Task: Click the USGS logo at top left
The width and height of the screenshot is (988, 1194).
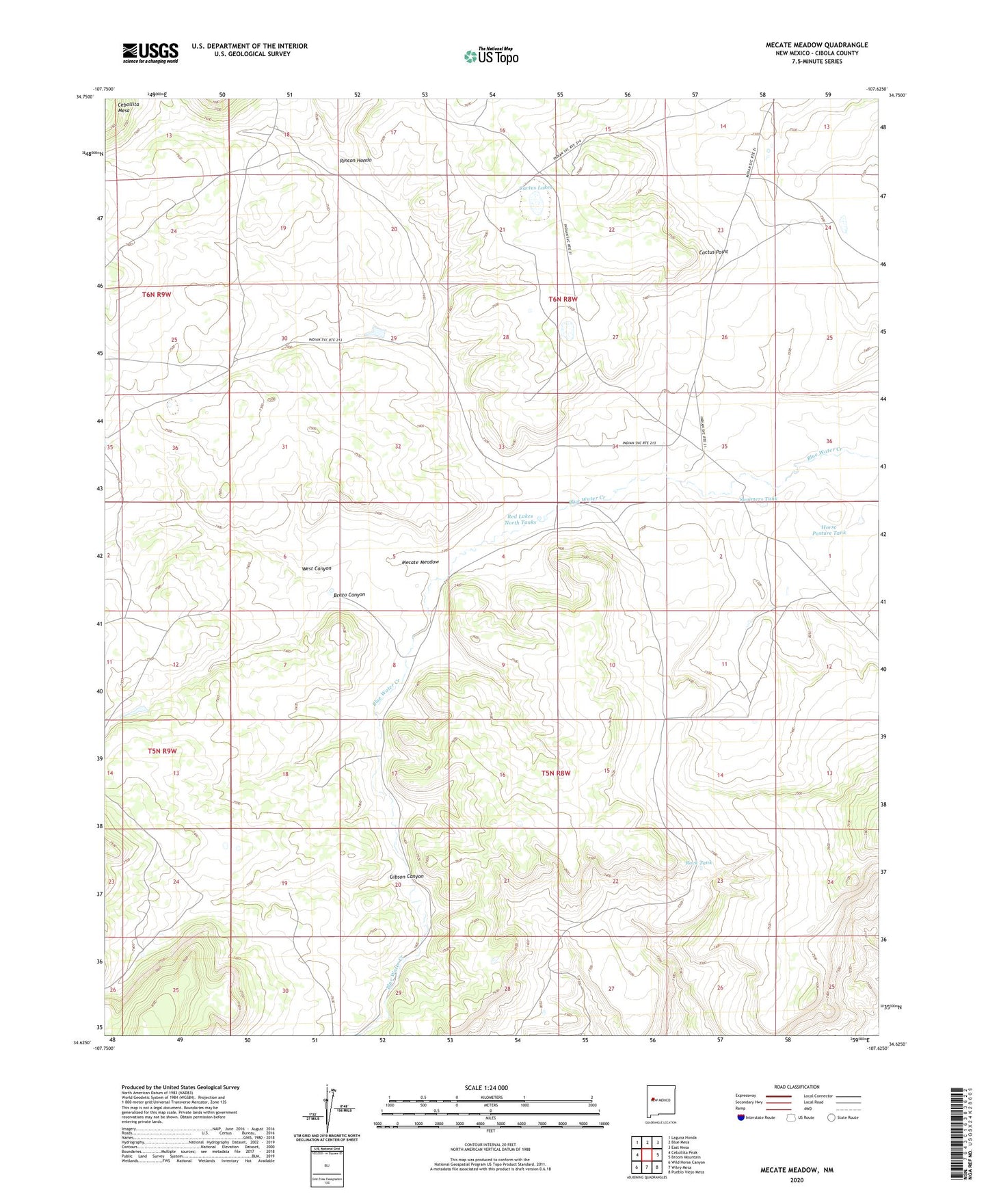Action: [x=150, y=53]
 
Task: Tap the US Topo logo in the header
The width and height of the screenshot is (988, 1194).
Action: [x=491, y=56]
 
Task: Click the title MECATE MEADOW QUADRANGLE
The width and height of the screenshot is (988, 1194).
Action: [x=816, y=45]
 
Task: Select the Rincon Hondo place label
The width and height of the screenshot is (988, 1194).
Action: [x=356, y=160]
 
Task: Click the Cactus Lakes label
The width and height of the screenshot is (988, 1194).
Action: [x=535, y=187]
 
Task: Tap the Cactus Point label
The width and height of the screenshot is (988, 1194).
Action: [x=713, y=252]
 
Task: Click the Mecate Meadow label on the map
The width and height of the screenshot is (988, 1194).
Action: [x=420, y=562]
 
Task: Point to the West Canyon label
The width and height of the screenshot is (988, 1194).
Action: [x=317, y=568]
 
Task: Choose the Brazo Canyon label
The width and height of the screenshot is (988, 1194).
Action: [x=349, y=595]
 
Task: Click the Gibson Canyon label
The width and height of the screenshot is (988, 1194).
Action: [x=406, y=876]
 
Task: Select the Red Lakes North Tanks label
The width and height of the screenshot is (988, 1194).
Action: [x=520, y=519]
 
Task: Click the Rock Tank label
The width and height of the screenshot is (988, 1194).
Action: [x=699, y=862]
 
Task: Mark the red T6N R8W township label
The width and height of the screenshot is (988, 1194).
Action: [x=563, y=299]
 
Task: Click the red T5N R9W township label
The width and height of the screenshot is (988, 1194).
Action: [x=162, y=751]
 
